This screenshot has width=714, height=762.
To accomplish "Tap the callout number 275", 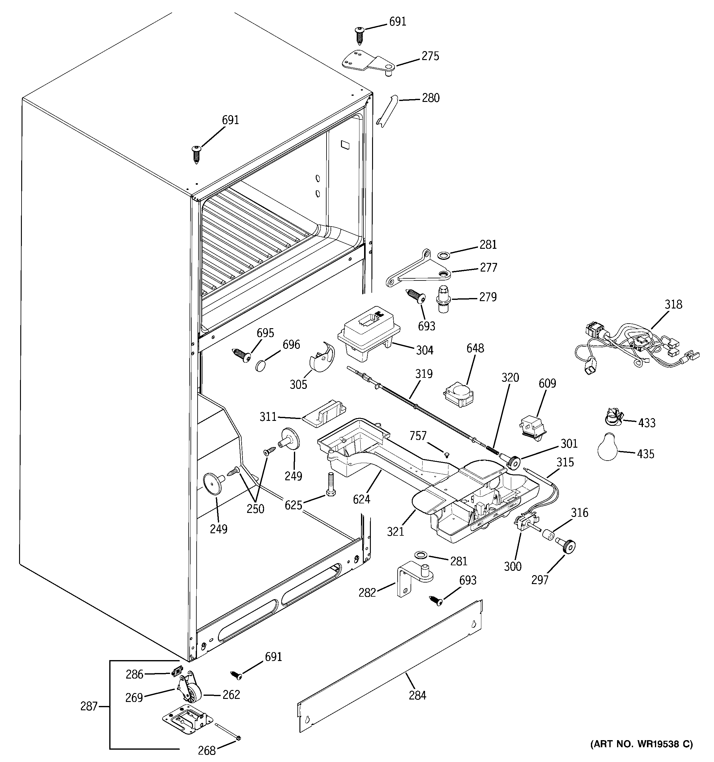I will click(x=430, y=56).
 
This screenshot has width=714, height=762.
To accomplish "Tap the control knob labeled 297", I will click(x=568, y=546).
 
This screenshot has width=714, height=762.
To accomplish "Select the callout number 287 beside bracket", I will click(x=89, y=706).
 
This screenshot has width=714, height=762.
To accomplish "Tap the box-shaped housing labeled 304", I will click(x=369, y=333).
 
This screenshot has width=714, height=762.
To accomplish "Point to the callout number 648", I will click(x=475, y=349).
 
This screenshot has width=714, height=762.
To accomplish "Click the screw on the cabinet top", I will click(x=196, y=154).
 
